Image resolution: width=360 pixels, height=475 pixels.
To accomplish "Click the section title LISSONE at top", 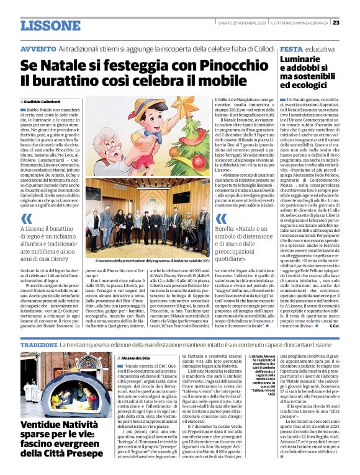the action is (50, 25).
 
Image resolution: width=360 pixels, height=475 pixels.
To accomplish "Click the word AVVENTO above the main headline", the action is (38, 48).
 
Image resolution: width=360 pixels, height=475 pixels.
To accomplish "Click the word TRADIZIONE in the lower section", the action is (38, 344).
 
